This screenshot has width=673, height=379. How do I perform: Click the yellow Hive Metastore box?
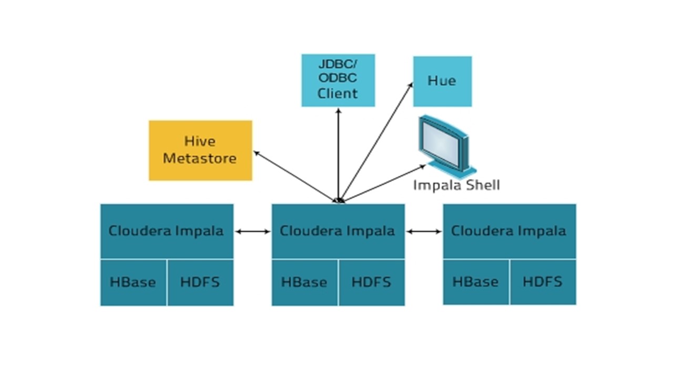click(200, 150)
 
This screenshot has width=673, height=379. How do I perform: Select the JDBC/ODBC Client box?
click(338, 80)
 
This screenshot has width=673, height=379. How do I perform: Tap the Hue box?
click(442, 81)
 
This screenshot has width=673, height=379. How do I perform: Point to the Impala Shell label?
click(456, 185)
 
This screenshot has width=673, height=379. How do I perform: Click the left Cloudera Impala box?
click(167, 231)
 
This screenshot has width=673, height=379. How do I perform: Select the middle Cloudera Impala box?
click(338, 231)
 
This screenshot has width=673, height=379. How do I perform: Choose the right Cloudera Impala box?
click(509, 231)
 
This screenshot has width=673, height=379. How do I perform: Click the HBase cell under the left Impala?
click(133, 282)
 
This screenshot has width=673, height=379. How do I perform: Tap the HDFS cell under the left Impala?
click(200, 282)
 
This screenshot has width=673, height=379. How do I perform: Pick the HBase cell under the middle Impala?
click(304, 282)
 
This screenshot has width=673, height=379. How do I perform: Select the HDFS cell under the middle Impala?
click(372, 282)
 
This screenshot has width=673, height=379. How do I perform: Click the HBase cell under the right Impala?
click(476, 282)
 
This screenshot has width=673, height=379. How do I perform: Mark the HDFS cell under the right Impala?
click(543, 282)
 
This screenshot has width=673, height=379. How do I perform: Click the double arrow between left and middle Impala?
click(252, 231)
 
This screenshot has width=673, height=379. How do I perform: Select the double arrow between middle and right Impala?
click(424, 231)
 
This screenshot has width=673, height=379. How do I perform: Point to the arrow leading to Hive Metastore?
click(294, 176)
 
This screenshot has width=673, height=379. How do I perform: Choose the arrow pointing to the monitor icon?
click(384, 183)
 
